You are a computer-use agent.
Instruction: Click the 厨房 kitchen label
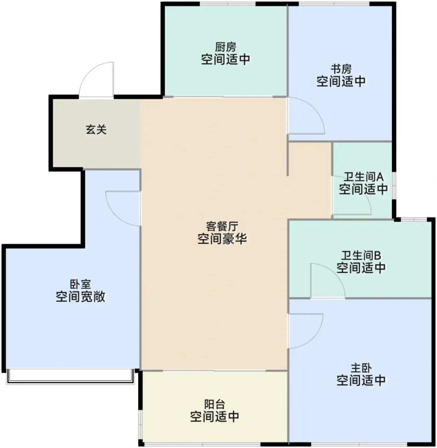point(226,47)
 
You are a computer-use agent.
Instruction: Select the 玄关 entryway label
point(96,130)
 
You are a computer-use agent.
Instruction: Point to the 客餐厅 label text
point(222,226)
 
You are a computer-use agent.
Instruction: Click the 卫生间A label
point(363,177)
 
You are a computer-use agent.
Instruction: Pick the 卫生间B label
point(361,256)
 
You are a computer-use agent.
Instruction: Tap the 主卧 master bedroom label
point(361,368)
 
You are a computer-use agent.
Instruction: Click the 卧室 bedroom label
point(81,284)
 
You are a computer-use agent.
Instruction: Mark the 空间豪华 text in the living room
point(222,239)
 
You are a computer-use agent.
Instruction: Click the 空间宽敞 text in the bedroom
point(81,297)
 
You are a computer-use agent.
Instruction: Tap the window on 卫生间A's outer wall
point(394,186)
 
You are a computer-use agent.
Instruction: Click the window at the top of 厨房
point(228,4)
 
